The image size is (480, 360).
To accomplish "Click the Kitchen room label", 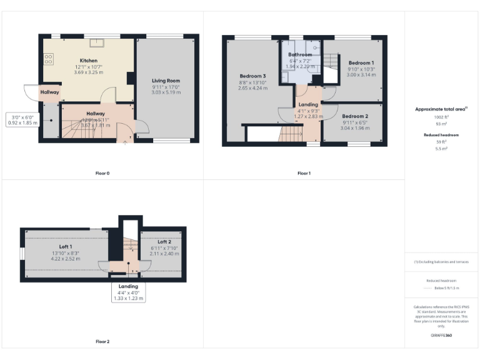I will click(87, 60).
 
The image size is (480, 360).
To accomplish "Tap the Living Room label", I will click(166, 81).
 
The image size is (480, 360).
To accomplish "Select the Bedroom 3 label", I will click(253, 76).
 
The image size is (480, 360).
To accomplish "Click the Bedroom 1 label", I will click(361, 63).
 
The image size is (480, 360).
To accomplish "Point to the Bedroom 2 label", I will click(354, 116).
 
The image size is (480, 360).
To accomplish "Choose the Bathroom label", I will click(299, 55).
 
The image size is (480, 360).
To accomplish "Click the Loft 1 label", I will click(66, 247).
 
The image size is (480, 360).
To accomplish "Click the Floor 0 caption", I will click(102, 173).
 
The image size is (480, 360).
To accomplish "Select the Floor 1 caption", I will click(304, 173).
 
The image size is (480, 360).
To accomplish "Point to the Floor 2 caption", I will click(102, 342).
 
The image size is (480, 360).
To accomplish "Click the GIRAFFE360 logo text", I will click(441, 336).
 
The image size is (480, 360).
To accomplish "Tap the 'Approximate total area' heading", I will click(440, 109).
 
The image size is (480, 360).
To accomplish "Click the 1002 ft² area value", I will click(441, 117).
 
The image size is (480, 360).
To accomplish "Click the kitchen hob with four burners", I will click(48, 60).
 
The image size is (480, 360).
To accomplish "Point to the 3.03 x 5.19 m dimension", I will click(166, 92).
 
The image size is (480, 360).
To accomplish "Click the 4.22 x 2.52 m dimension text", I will click(66, 258).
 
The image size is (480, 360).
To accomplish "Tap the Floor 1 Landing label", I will click(307, 104).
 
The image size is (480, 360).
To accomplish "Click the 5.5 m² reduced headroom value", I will click(441, 148).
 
